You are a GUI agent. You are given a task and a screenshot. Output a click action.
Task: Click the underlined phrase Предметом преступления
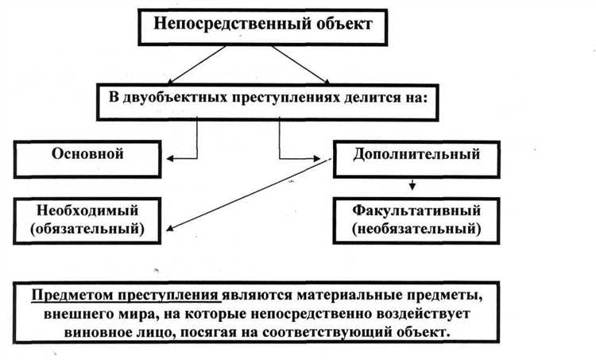click(126, 296)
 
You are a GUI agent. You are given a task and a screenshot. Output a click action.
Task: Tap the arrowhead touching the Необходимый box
click(168, 228)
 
